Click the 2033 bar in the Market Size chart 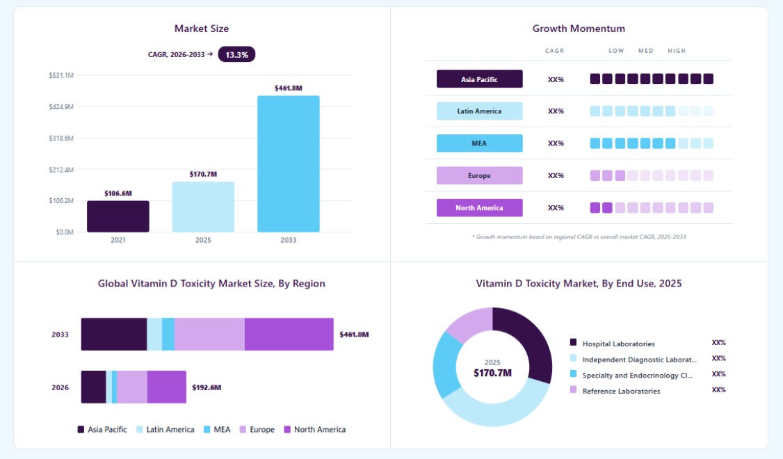(x=288, y=164)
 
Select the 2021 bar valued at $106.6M (x=118, y=216)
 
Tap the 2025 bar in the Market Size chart (x=203, y=207)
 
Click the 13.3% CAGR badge (x=236, y=54)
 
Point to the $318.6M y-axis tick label (x=61, y=138)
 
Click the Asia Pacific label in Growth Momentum (x=479, y=79)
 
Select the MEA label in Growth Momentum (x=479, y=143)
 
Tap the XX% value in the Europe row (x=556, y=176)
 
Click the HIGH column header (x=677, y=51)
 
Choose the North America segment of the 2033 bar (x=289, y=334)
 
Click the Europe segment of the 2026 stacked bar (x=132, y=387)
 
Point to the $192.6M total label (x=207, y=387)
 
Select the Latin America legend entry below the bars (x=166, y=430)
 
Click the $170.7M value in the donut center (x=492, y=373)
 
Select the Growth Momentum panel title (x=579, y=29)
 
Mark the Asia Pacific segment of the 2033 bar (x=114, y=334)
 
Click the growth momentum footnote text (x=579, y=236)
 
